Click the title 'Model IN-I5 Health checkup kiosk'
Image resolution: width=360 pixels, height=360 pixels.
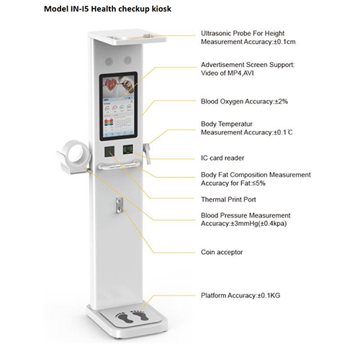[x=107, y=9]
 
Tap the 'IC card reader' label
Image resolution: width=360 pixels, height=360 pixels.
[x=222, y=158]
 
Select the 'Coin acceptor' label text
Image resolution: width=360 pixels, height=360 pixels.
[x=222, y=252]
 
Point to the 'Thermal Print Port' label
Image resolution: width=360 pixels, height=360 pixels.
[x=228, y=199]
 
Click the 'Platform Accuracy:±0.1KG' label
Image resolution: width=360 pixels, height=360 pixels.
[x=240, y=295]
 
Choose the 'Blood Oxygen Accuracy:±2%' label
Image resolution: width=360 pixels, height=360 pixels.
[x=244, y=102]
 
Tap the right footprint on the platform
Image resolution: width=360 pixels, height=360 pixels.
[x=140, y=315]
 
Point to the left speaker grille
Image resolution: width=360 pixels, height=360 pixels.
[x=109, y=61]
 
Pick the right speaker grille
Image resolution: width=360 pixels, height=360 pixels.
[x=127, y=60]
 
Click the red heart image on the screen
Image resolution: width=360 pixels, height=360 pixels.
[x=112, y=85]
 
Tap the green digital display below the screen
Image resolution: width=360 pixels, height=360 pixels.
[x=128, y=150]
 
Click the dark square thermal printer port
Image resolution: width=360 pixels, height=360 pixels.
[x=109, y=152]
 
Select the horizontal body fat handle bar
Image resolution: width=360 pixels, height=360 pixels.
[x=119, y=165]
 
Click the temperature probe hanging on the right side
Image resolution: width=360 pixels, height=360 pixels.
[x=147, y=153]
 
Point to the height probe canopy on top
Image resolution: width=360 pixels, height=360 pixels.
[x=127, y=38]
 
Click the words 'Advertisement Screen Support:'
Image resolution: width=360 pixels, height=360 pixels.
[x=248, y=65]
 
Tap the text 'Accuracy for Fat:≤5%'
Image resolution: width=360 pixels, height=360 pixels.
[x=233, y=184]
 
